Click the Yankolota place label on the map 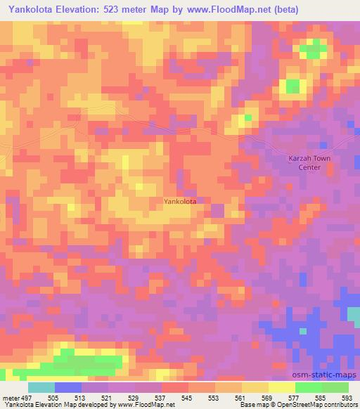[179, 201]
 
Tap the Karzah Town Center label [309, 163]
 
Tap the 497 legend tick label [22, 397]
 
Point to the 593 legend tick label [348, 397]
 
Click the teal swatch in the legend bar [41, 387]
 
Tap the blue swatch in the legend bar [67, 387]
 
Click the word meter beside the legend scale [8, 397]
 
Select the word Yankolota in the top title [31, 10]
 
